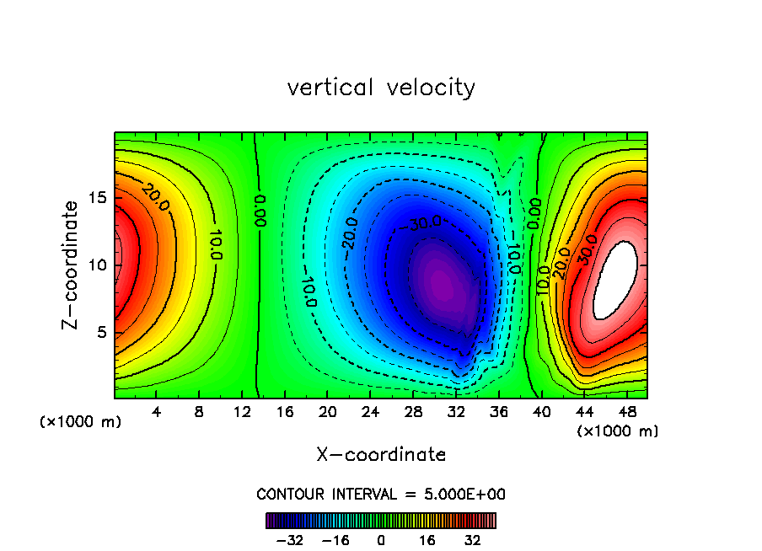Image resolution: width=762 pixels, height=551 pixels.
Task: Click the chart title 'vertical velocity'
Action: pos(381,88)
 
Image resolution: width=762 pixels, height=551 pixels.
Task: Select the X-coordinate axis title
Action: pos(381,455)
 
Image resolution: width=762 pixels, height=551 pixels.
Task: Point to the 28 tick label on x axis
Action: pos(413,413)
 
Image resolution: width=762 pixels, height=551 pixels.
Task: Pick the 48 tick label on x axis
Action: pos(626,413)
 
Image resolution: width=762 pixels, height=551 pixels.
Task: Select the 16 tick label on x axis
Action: pos(285,413)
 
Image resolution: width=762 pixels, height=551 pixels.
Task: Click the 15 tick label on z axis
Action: pos(99,198)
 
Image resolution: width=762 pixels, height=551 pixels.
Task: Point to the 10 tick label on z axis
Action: pos(99,265)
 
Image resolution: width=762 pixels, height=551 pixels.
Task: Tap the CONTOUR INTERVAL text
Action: pos(381,494)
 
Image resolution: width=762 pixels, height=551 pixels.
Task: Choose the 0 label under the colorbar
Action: pos(381,540)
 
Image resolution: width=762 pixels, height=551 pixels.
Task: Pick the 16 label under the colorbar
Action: pos(427,540)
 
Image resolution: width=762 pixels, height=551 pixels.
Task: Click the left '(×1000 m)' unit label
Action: pos(81,422)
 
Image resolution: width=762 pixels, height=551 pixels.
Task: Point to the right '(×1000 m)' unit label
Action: pos(618,431)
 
